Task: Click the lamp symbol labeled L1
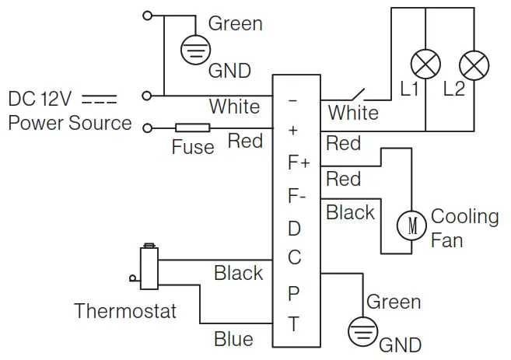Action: coord(427,62)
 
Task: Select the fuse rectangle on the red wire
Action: coord(192,128)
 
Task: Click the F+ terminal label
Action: coord(299,163)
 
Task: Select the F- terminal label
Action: coord(297,197)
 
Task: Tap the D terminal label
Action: coord(294,229)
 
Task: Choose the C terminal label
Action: coord(294,257)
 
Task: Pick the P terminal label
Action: coord(294,293)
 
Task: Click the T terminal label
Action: coord(294,325)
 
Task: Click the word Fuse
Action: coord(192,147)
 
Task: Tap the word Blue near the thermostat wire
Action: coord(233,339)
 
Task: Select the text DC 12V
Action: coord(40,100)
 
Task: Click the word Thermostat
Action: coord(125,312)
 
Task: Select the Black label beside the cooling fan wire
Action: coord(350,212)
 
